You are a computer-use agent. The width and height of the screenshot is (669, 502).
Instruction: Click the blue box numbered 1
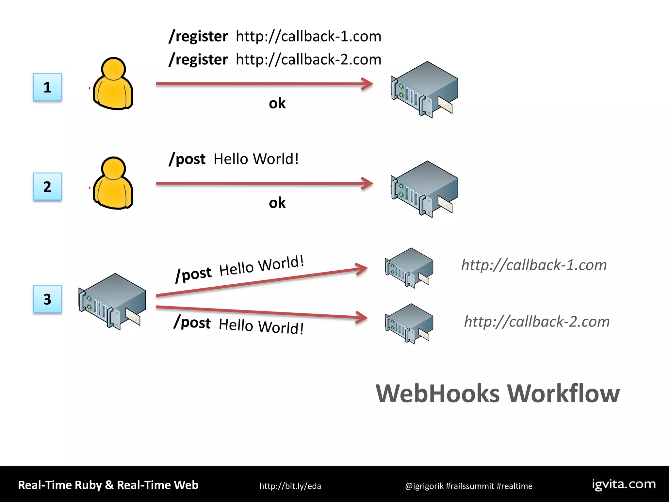pyautogui.click(x=47, y=87)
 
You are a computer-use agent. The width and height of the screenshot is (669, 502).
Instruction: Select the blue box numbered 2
pyautogui.click(x=47, y=187)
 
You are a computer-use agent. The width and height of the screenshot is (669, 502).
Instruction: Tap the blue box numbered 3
pyautogui.click(x=47, y=299)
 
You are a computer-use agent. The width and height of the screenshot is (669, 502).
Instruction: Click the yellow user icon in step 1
pyautogui.click(x=113, y=84)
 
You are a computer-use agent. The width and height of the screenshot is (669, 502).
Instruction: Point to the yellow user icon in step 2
pyautogui.click(x=113, y=184)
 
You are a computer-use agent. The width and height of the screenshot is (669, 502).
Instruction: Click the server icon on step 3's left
pyautogui.click(x=112, y=301)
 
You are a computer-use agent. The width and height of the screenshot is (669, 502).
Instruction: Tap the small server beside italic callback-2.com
pyautogui.click(x=409, y=324)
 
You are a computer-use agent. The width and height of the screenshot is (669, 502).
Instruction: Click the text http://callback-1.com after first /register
pyautogui.click(x=308, y=36)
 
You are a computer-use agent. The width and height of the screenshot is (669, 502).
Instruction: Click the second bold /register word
pyautogui.click(x=198, y=60)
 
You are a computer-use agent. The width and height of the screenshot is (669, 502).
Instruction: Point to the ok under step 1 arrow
pyautogui.click(x=277, y=104)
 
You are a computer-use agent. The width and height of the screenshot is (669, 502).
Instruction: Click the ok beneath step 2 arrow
pyautogui.click(x=277, y=203)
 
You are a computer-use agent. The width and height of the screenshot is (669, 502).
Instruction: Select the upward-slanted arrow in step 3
pyautogui.click(x=261, y=282)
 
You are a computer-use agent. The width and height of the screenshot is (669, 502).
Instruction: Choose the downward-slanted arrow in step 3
pyautogui.click(x=261, y=312)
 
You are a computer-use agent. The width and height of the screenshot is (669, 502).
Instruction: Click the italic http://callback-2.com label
pyautogui.click(x=537, y=322)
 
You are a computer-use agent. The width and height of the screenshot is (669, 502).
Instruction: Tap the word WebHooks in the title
pyautogui.click(x=438, y=393)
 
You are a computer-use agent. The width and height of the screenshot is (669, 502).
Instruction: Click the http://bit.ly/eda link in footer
pyautogui.click(x=290, y=486)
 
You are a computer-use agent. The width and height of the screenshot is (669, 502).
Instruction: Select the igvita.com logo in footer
pyautogui.click(x=624, y=484)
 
